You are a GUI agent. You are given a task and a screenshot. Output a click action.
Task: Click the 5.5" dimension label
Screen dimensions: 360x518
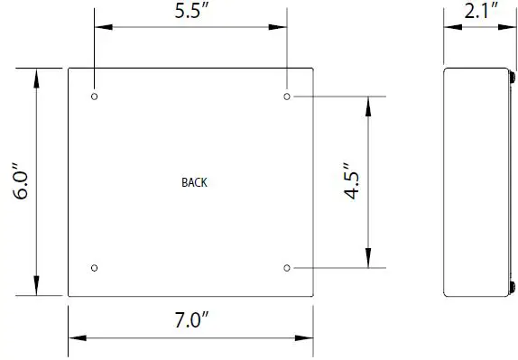191,14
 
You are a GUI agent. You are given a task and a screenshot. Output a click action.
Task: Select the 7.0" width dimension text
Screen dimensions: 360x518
191,318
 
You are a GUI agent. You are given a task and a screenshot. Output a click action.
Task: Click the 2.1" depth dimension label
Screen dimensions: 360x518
477,14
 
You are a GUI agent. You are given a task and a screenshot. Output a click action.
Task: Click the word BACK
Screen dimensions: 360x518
194,182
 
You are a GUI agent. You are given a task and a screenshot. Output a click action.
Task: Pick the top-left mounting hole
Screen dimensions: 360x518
95,96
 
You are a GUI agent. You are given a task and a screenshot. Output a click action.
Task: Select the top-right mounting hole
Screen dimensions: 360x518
287,96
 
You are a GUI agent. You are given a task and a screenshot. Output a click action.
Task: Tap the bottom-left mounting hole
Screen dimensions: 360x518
95,268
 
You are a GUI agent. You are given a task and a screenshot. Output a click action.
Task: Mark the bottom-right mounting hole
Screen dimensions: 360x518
287,268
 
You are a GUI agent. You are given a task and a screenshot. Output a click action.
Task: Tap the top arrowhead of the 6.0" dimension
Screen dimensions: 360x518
37,76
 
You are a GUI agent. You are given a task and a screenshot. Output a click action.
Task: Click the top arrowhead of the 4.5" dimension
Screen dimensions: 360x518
368,104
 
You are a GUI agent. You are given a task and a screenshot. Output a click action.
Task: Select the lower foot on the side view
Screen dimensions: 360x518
513,287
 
